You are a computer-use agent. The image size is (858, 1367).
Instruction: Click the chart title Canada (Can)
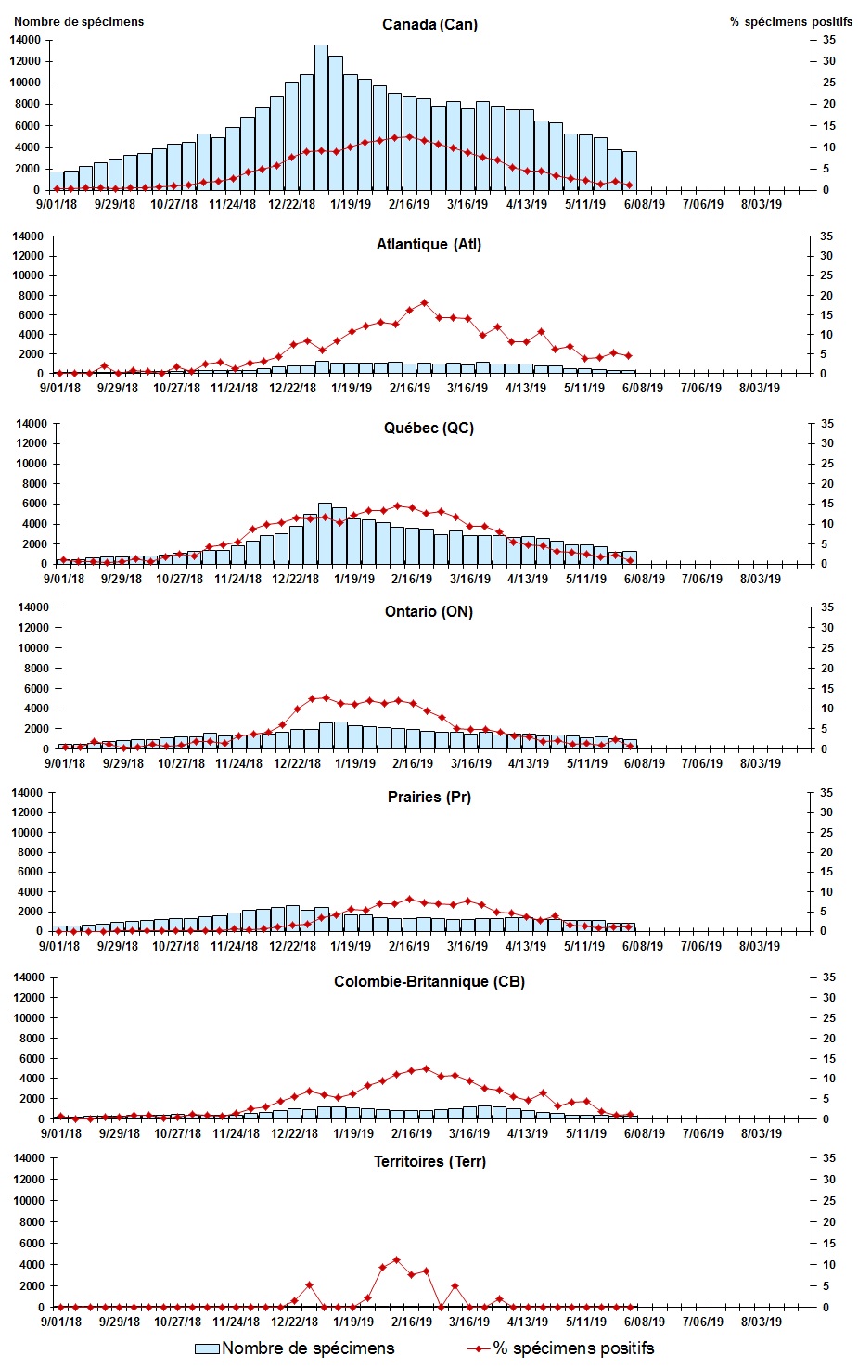429,24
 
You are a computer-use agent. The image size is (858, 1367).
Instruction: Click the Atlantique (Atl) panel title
429,245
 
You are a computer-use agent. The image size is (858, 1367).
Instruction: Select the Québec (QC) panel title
429,428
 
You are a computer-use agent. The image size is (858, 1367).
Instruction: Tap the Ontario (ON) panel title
429,611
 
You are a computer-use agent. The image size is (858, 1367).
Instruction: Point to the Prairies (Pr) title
429,797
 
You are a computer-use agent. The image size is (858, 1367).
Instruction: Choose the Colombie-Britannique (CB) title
429,981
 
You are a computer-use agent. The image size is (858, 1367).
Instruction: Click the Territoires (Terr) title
429,1161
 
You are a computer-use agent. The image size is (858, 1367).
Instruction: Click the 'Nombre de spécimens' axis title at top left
79,21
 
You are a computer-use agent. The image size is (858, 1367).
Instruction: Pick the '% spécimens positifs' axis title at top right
790,21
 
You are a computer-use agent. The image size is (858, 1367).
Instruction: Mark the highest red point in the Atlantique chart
424,302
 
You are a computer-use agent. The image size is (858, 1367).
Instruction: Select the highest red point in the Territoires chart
396,1259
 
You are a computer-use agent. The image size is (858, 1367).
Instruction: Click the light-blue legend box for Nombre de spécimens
207,1348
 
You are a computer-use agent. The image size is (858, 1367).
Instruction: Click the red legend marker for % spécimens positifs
479,1348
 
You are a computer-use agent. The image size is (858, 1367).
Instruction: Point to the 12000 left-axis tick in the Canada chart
25,61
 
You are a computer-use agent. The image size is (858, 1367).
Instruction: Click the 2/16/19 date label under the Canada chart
409,205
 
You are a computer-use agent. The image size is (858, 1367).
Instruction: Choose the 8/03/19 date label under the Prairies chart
760,946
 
